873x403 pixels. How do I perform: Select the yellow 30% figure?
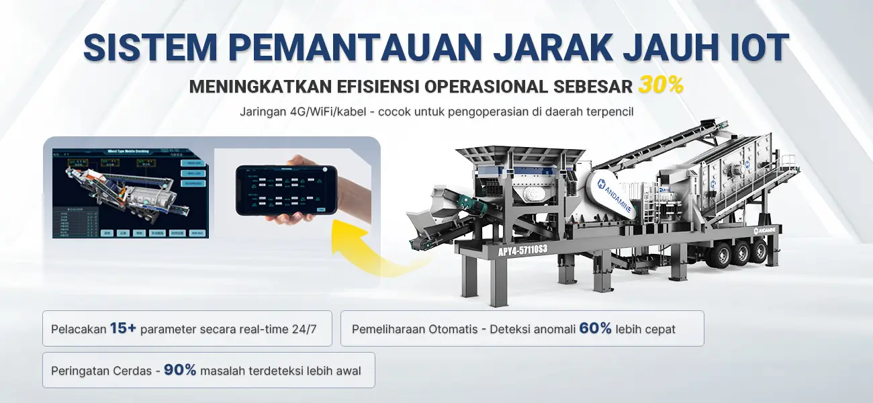tap(661, 85)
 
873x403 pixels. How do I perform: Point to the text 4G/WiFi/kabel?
tap(328, 111)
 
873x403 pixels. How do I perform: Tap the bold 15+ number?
tap(124, 328)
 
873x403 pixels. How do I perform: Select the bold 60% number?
tap(595, 328)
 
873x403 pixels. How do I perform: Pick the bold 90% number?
tap(180, 370)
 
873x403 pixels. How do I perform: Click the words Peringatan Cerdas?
tap(101, 371)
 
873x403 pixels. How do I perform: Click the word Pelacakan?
tap(79, 329)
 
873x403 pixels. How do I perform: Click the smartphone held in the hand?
tap(285, 190)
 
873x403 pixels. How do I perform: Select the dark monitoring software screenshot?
tap(130, 193)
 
